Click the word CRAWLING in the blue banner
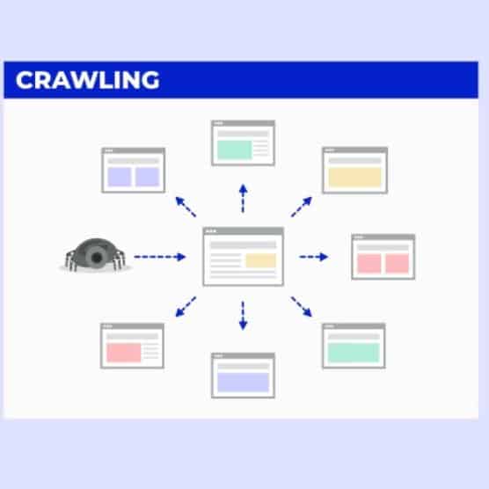pyautogui.click(x=88, y=80)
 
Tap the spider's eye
pyautogui.click(x=98, y=257)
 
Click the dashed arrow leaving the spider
pyautogui.click(x=160, y=257)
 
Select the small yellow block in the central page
pyautogui.click(x=260, y=260)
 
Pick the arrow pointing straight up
pyautogui.click(x=243, y=199)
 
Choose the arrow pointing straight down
pyautogui.click(x=243, y=316)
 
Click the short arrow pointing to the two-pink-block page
pyautogui.click(x=314, y=257)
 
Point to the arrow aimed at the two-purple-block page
pyautogui.click(x=186, y=207)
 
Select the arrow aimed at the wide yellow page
pyautogui.click(x=302, y=207)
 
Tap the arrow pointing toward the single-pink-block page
pyautogui.click(x=186, y=307)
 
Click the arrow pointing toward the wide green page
pyautogui.click(x=302, y=307)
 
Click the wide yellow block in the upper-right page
pyautogui.click(x=355, y=177)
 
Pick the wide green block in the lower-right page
pyautogui.click(x=354, y=353)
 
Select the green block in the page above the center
pyautogui.click(x=235, y=150)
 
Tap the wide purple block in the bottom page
pyautogui.click(x=244, y=382)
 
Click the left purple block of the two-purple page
pyautogui.click(x=120, y=177)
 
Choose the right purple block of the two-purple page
pyautogui.click(x=147, y=177)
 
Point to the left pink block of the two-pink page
pyautogui.click(x=369, y=264)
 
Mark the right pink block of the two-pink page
pyautogui.click(x=397, y=264)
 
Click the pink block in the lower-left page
pyautogui.click(x=124, y=353)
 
